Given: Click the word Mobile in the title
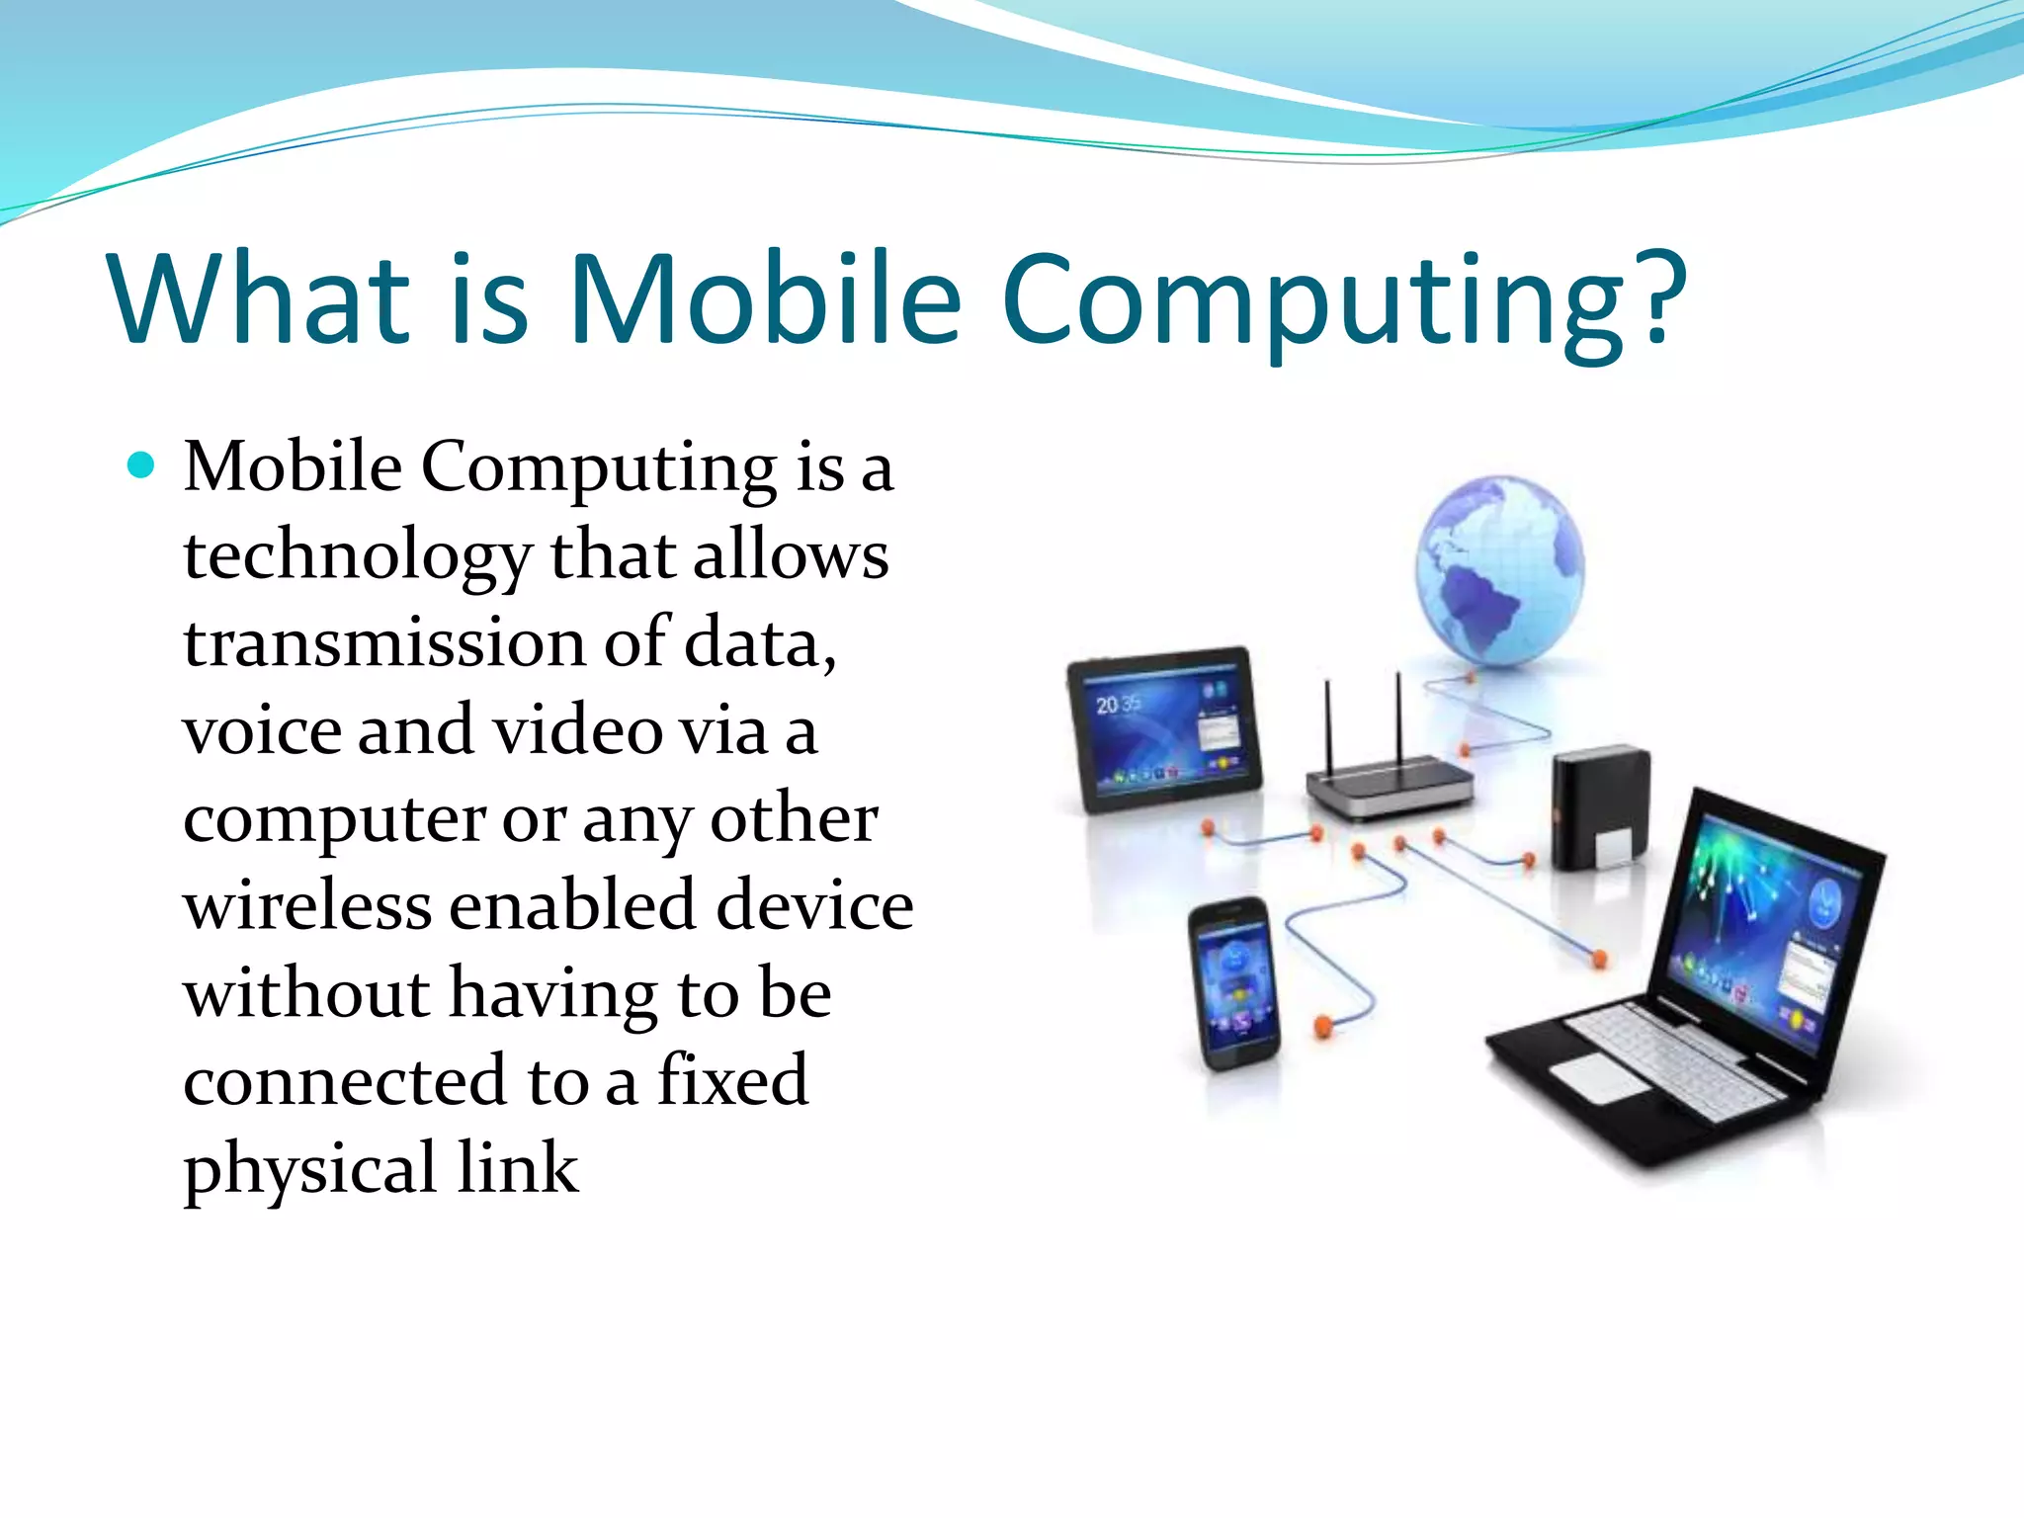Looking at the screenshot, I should coord(765,298).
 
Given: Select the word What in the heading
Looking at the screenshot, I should coord(259,298).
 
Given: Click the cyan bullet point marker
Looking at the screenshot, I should coord(142,464).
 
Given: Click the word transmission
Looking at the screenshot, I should coord(383,643).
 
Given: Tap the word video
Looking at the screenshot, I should coord(576,732).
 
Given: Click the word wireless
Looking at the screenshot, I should coord(307,906).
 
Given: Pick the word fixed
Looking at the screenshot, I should coord(732,1080).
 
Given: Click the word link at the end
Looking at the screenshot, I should coord(517,1168).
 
